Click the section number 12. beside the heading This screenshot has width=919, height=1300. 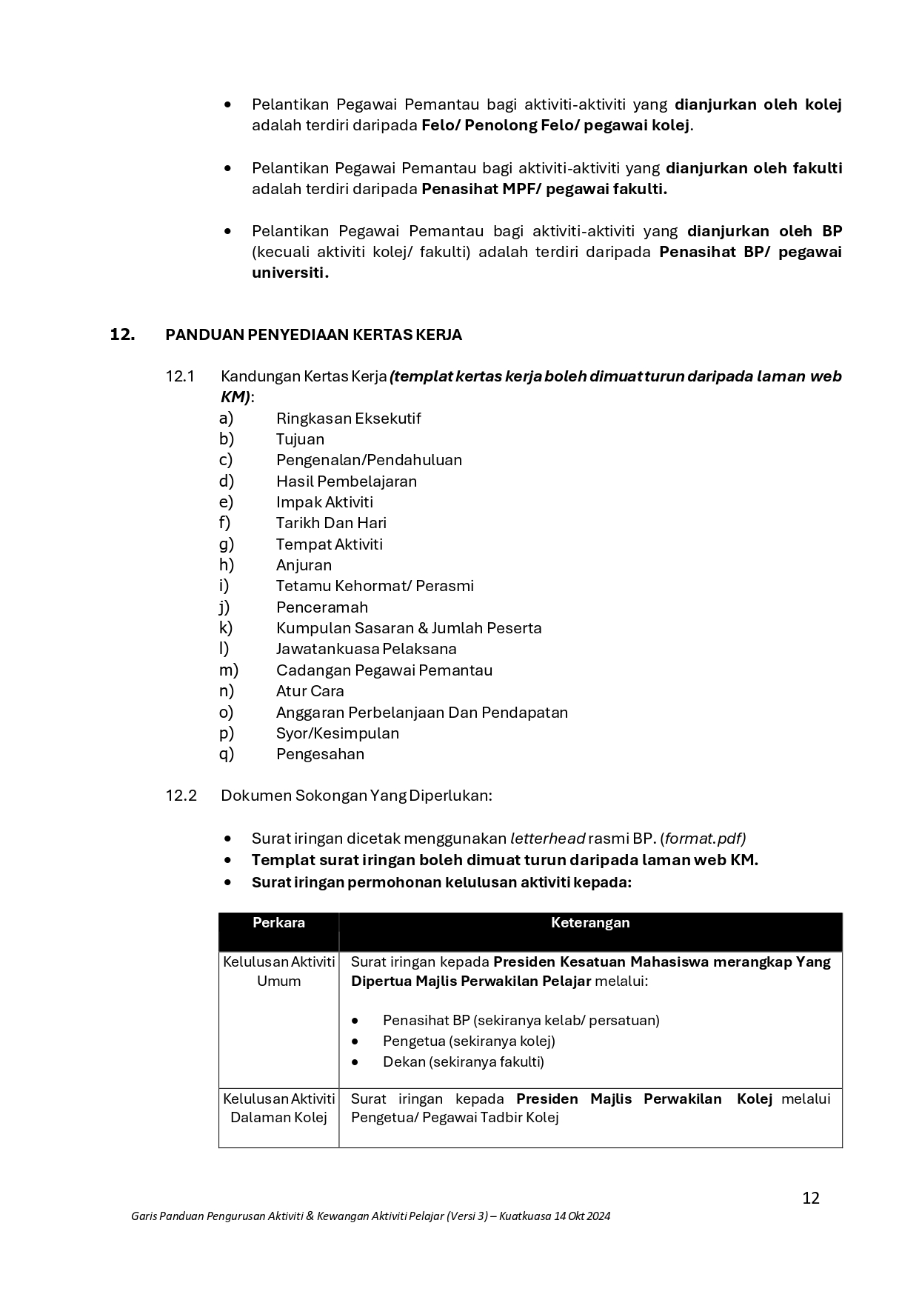click(122, 335)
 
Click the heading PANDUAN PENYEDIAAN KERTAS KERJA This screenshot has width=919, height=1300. click(313, 335)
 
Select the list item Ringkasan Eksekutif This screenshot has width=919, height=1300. click(348, 419)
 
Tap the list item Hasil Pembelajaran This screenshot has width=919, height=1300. click(346, 481)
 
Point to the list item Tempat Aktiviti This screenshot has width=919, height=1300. click(329, 544)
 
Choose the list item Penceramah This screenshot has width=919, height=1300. click(321, 607)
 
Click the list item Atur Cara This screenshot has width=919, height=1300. click(310, 691)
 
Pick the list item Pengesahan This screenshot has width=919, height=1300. click(320, 754)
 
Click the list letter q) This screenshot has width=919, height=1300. click(226, 754)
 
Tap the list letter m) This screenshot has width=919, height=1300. click(228, 670)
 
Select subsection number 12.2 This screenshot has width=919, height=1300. click(181, 796)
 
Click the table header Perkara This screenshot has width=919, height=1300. click(278, 923)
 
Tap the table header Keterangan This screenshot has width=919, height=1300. click(590, 923)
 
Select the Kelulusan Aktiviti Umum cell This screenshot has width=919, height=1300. click(278, 971)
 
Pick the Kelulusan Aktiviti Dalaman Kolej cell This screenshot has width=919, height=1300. click(278, 1108)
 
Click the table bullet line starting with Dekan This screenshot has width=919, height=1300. click(463, 1061)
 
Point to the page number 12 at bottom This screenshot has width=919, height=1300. click(811, 1199)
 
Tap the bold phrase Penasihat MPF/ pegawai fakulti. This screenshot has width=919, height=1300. click(544, 189)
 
